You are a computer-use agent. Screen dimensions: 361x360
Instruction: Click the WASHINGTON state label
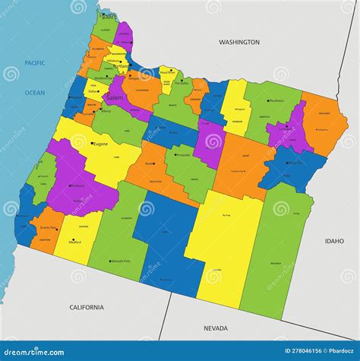coord(239,43)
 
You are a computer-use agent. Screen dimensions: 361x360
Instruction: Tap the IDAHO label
coord(334,241)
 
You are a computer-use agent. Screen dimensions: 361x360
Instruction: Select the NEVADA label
coord(216,328)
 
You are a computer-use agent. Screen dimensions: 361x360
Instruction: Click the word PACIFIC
coord(35,63)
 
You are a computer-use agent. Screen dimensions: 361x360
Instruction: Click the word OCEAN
coord(35,93)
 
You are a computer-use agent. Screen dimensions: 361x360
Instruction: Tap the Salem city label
coord(114,98)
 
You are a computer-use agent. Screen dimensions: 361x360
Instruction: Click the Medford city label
coord(75,243)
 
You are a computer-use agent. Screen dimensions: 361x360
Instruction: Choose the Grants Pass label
coord(49,228)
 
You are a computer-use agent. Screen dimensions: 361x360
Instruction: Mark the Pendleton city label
coord(276,101)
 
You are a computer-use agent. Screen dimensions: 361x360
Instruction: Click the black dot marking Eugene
coord(91,142)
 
